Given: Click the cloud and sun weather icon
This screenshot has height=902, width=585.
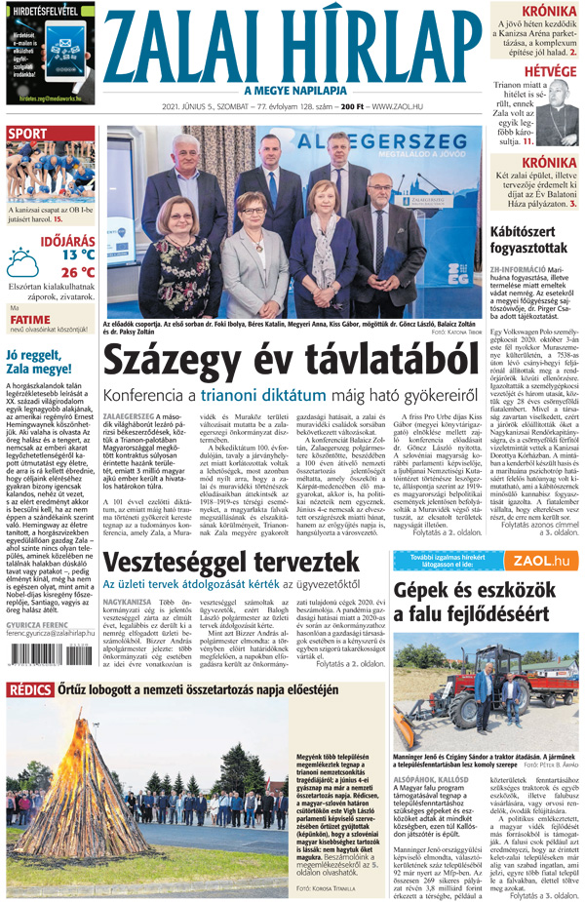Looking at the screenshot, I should pyautogui.click(x=24, y=263).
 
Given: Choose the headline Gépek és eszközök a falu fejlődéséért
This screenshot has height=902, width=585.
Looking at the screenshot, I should pyautogui.click(x=484, y=599).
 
